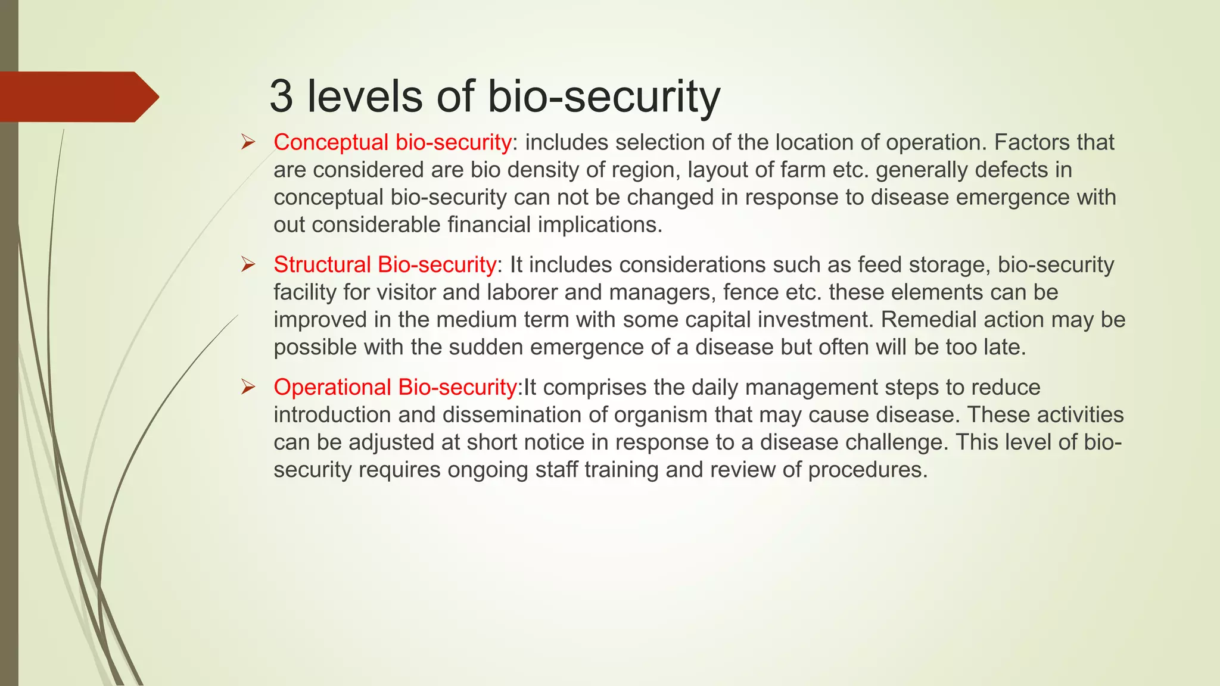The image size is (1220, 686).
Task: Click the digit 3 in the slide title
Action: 281,96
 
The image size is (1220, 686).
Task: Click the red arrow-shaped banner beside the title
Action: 77,97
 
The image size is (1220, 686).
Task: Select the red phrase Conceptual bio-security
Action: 392,143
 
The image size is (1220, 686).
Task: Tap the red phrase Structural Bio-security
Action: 384,265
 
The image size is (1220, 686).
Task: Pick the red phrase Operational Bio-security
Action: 394,388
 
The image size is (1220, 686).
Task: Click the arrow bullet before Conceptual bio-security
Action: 248,143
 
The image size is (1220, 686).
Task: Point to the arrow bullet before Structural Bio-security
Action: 248,265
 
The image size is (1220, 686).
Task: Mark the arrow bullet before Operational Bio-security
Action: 248,388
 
